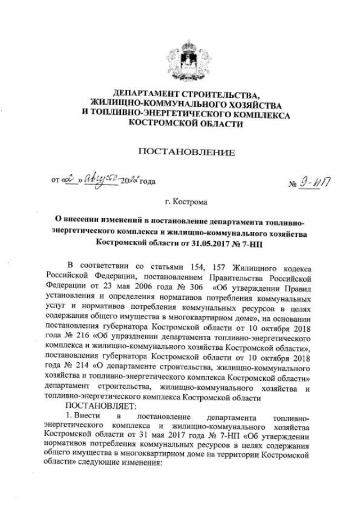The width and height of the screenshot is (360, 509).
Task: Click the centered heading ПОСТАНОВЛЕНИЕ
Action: (x=186, y=152)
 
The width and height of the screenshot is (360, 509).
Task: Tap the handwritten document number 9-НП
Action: (x=318, y=182)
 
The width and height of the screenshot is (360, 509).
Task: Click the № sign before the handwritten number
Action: (x=293, y=183)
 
